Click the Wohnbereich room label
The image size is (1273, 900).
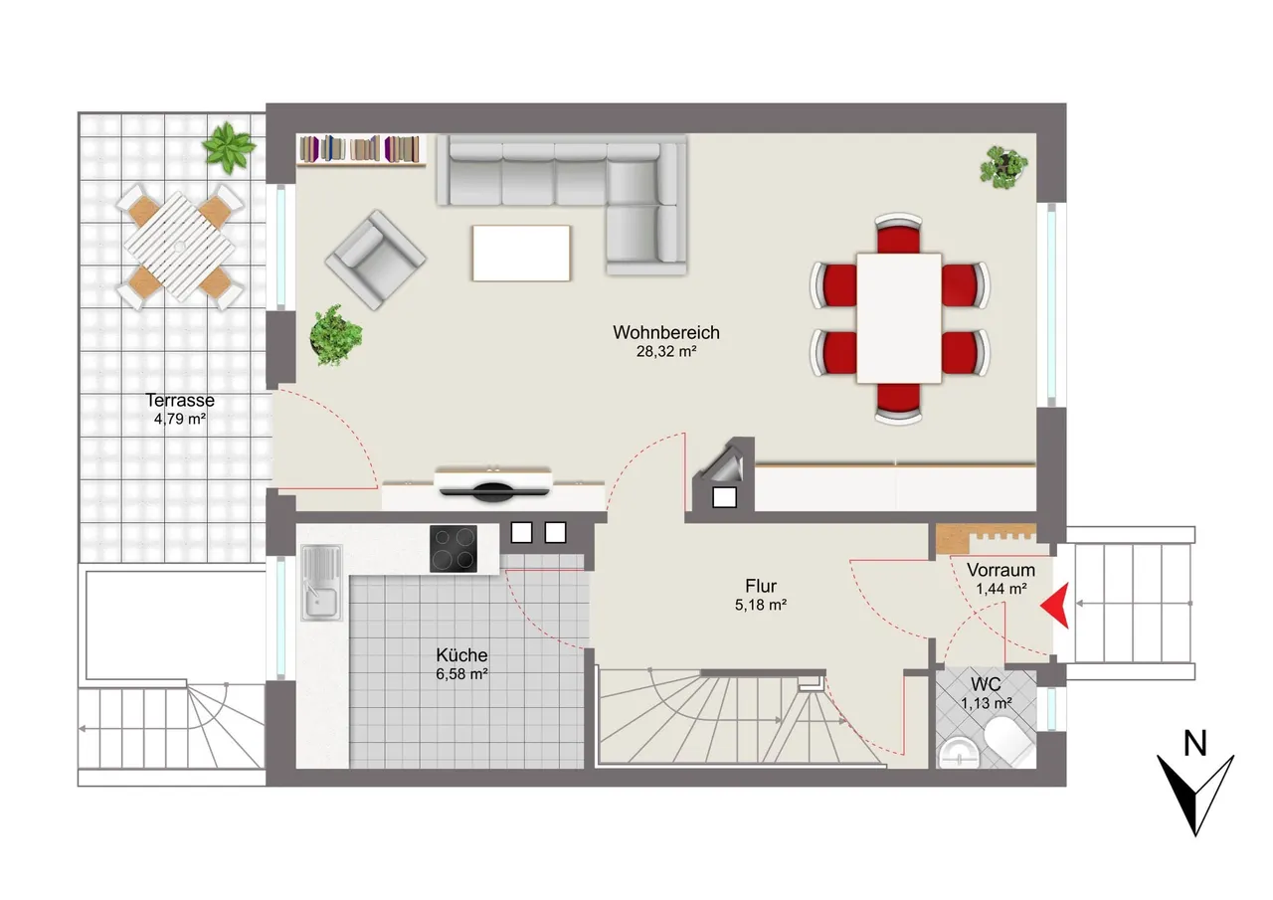[666, 332]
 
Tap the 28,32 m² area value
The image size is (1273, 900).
[666, 352]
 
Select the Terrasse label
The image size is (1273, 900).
[180, 400]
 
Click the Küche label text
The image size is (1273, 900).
[461, 655]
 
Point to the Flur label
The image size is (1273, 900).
[761, 586]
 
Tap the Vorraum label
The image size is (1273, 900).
[1000, 570]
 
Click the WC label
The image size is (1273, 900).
[986, 684]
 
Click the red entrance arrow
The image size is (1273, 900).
[1055, 606]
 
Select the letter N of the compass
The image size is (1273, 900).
[1194, 743]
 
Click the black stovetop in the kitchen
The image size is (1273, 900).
[453, 549]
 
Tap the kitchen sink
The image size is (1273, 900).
[321, 583]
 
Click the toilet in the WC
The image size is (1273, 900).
[1009, 742]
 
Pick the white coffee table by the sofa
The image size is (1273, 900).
[521, 253]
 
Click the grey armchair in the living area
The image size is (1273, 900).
[375, 260]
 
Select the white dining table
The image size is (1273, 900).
[899, 318]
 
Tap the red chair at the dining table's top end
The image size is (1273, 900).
[898, 234]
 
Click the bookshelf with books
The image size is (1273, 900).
[361, 150]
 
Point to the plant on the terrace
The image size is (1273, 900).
[229, 147]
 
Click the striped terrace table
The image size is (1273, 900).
[180, 247]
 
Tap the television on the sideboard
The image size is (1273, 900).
[493, 484]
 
